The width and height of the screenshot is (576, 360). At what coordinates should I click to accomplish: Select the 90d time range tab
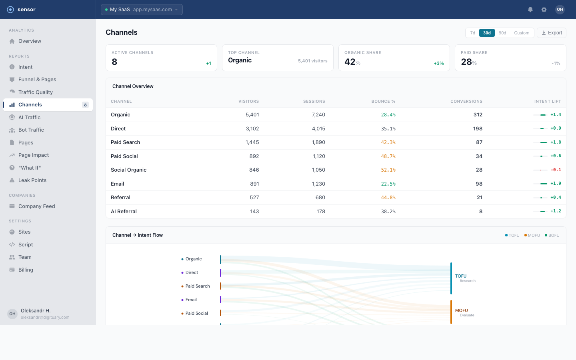(x=502, y=33)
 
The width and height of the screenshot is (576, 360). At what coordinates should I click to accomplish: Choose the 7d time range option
(x=472, y=33)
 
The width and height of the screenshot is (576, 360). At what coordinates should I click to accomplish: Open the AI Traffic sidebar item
(x=29, y=117)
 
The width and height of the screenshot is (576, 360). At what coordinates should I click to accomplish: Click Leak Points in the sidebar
(x=32, y=180)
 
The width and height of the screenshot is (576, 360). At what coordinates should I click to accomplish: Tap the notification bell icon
(x=530, y=10)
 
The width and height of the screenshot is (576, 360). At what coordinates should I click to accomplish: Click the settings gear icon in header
(x=544, y=10)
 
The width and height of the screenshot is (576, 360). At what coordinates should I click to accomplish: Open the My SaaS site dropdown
(x=142, y=10)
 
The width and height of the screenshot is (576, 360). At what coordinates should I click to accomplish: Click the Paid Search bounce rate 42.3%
(x=388, y=142)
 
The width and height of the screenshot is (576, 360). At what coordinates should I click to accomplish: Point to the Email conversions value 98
(x=479, y=184)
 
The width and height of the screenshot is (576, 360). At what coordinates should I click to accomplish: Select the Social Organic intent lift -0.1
(x=556, y=170)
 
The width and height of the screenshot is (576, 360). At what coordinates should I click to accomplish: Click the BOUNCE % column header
(x=383, y=102)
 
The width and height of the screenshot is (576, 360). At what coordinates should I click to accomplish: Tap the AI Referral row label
(x=124, y=211)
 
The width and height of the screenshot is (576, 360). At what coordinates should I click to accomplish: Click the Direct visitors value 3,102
(x=252, y=128)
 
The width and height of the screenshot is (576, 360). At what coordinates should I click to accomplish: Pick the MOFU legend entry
(x=532, y=235)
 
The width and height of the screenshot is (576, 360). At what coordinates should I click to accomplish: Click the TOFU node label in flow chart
(x=461, y=276)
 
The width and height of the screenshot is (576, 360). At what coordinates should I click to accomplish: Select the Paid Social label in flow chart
(x=196, y=313)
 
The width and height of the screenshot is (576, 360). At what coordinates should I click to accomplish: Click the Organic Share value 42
(x=350, y=62)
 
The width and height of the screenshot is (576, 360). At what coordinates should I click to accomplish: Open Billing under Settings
(x=26, y=270)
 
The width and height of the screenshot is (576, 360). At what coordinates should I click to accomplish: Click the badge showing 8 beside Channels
(x=85, y=105)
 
